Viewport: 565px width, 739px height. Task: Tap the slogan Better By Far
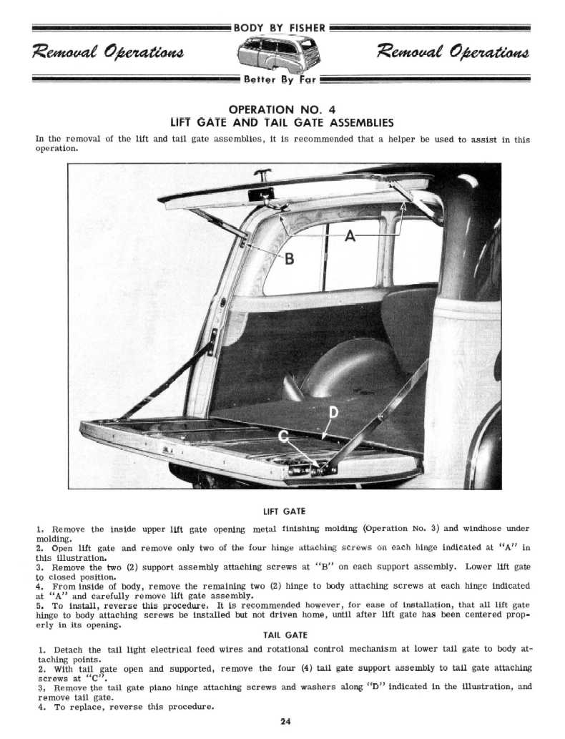[281, 79]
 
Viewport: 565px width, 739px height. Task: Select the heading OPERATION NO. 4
[282, 109]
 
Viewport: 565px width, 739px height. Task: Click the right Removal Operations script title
[455, 53]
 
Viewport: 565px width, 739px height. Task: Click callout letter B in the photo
[289, 258]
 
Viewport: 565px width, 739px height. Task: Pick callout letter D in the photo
[333, 413]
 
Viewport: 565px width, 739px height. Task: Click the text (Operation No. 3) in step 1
[401, 529]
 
